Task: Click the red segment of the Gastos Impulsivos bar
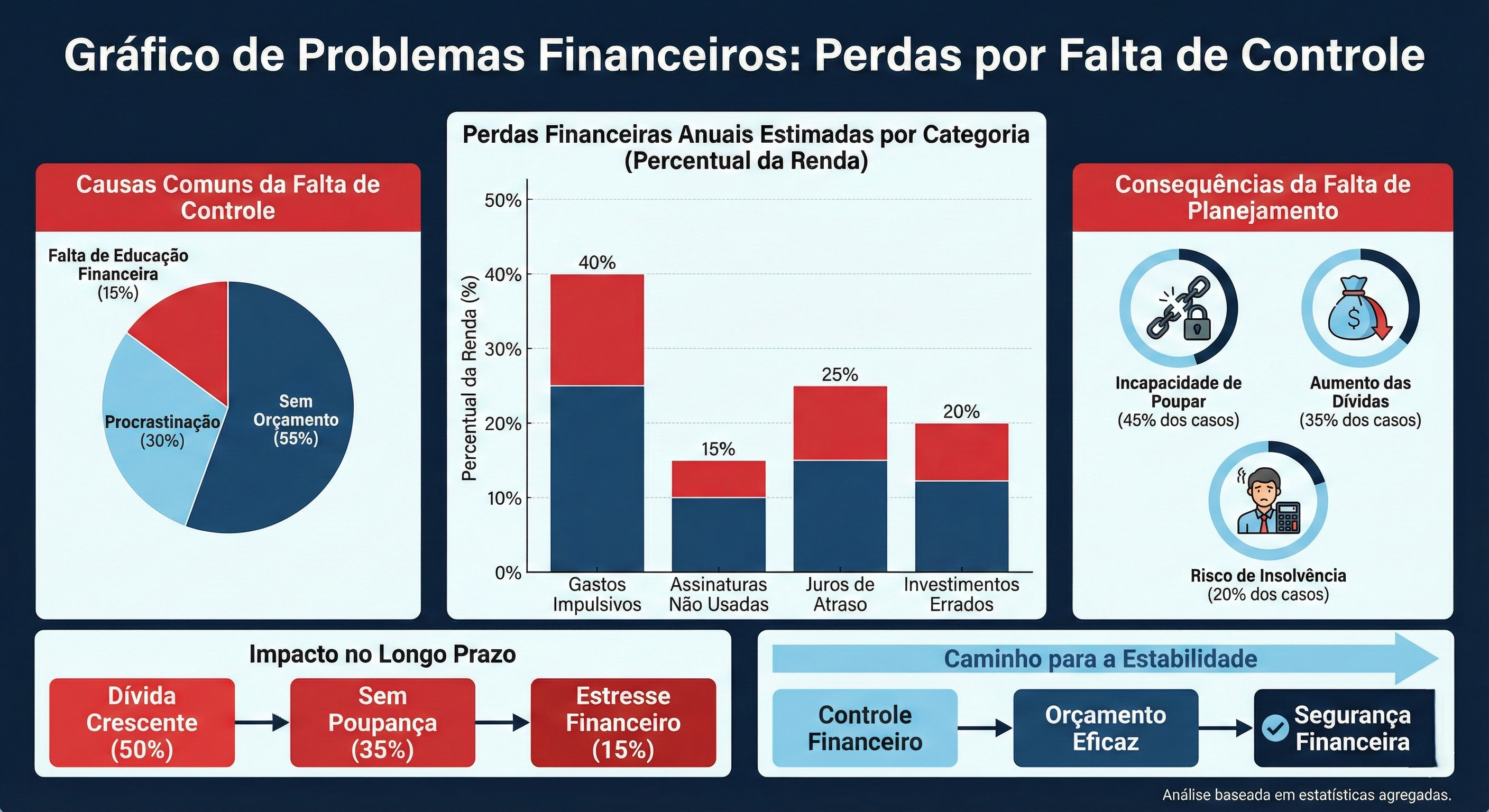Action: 597,329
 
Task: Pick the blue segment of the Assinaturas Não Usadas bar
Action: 719,534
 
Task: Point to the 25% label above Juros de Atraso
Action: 840,374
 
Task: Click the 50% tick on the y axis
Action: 503,200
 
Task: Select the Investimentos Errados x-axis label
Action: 961,594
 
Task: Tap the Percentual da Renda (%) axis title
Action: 470,379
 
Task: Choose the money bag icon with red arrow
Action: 1359,309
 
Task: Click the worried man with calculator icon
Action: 1267,502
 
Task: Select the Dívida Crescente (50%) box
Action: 142,723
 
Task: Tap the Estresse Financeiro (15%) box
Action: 623,723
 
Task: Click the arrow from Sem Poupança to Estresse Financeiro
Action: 502,723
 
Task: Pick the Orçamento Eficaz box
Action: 1105,728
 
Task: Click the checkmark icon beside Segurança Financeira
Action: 1275,727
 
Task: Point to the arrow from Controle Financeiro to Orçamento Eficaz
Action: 985,728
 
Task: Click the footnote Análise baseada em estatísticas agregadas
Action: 1307,795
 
